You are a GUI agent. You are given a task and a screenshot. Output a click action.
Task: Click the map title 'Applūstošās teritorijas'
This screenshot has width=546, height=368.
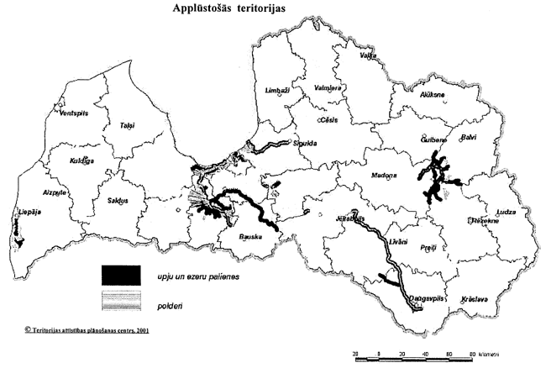coord(230,14)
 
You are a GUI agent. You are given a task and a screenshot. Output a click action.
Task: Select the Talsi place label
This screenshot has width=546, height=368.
coord(127,125)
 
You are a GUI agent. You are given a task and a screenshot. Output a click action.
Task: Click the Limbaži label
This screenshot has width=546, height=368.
coord(276,90)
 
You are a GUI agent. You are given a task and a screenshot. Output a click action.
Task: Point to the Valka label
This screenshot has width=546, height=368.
coord(366,55)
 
